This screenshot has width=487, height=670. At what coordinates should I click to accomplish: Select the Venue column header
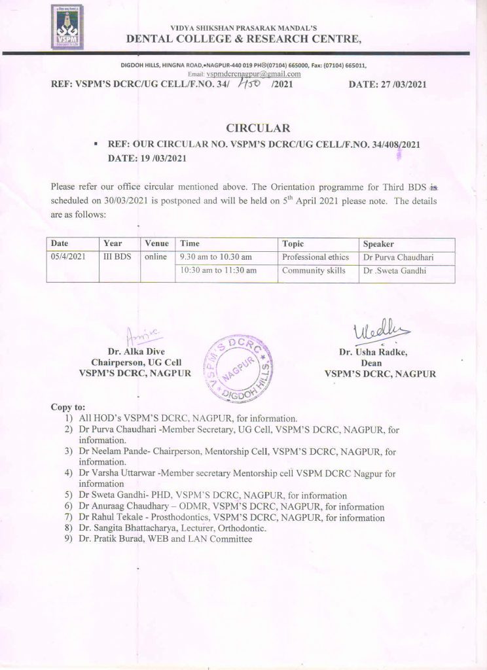156,243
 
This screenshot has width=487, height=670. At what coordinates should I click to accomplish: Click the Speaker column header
379,243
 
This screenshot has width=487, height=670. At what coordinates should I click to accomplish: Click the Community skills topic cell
314,270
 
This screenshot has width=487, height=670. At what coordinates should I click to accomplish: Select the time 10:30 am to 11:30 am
219,270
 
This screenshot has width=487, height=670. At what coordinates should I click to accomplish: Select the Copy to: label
67,407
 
